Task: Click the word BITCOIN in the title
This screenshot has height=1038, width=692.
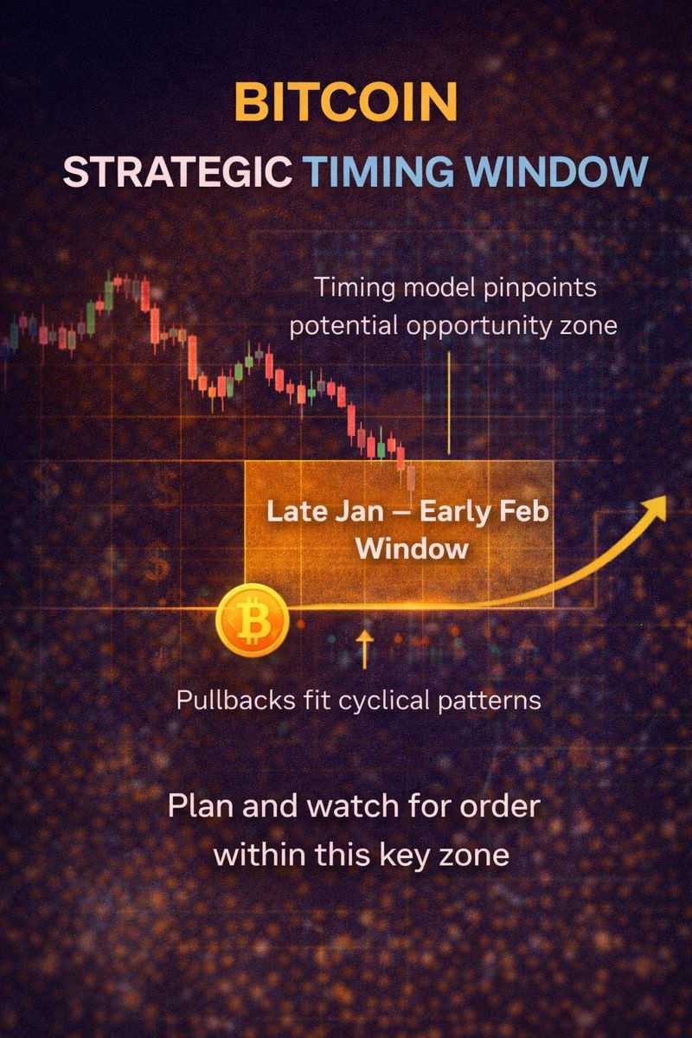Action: coord(346,102)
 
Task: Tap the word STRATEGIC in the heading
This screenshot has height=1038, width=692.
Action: coord(177,172)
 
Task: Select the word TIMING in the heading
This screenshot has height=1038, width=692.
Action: coord(378,172)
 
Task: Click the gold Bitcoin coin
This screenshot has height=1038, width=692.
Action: coord(253,620)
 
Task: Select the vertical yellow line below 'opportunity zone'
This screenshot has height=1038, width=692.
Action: coord(449,403)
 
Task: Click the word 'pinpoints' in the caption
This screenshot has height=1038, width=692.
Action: coord(540,289)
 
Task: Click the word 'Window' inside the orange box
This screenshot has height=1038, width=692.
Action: coord(412,549)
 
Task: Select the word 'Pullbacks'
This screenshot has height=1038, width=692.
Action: coord(236,700)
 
